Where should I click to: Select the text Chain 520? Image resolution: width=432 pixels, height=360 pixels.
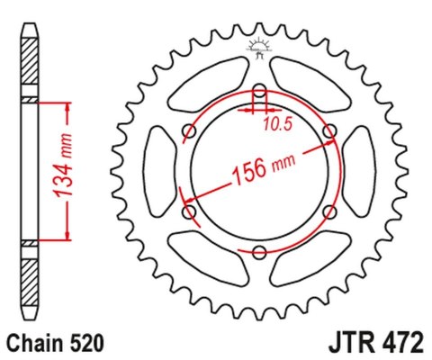coord(55,343)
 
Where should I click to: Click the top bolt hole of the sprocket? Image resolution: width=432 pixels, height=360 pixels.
coord(259,92)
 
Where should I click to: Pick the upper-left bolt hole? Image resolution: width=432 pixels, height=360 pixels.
coord(190,131)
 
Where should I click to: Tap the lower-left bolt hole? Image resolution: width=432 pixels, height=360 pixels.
coord(190,211)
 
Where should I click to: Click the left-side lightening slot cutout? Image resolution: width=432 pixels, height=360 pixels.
coord(159,171)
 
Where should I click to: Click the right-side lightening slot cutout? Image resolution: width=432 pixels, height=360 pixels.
coord(360,171)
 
